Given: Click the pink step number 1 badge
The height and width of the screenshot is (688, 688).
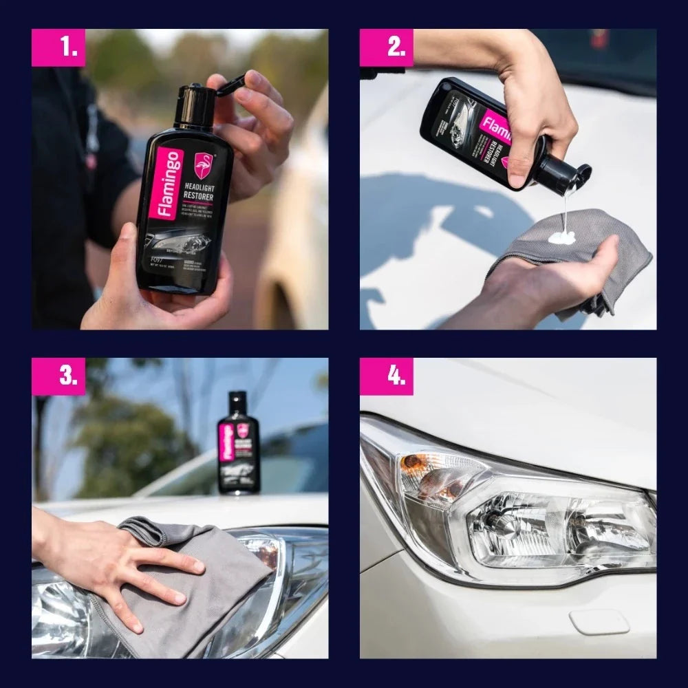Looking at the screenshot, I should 58,47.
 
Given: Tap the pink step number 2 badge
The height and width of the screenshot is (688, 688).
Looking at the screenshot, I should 387,47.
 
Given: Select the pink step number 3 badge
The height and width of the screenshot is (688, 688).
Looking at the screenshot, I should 58,376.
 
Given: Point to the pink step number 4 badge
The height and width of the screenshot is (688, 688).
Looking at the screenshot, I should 387,376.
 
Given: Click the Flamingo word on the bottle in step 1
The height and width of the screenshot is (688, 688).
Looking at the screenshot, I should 169,184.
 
